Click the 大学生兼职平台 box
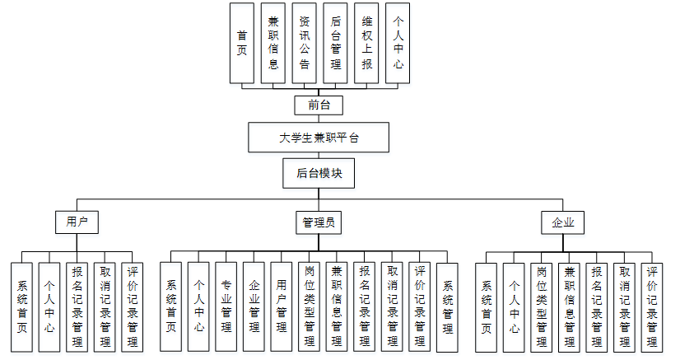[319, 138]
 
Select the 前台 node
[319, 105]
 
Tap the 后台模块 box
[319, 174]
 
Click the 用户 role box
[77, 222]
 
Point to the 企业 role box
[562, 222]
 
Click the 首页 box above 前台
[242, 43]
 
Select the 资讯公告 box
[305, 43]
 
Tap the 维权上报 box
[367, 43]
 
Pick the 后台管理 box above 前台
[336, 43]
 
